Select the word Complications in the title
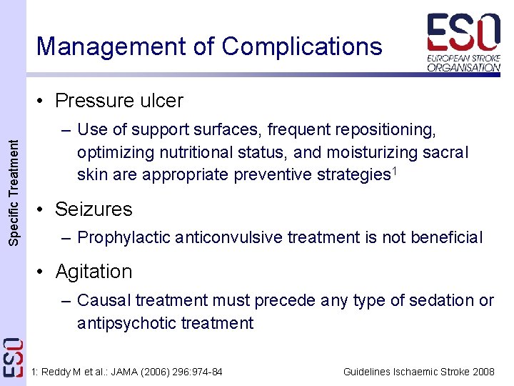pos(302,46)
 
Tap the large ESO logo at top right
pos(463,32)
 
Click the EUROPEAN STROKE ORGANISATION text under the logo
pos(464,62)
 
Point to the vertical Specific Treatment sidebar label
pos(14,193)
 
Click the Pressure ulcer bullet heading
pos(119,101)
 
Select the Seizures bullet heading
pos(94,209)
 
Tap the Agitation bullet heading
pos(94,272)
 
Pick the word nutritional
pos(192,153)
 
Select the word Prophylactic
pos(119,237)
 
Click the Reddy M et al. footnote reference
pos(128,372)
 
